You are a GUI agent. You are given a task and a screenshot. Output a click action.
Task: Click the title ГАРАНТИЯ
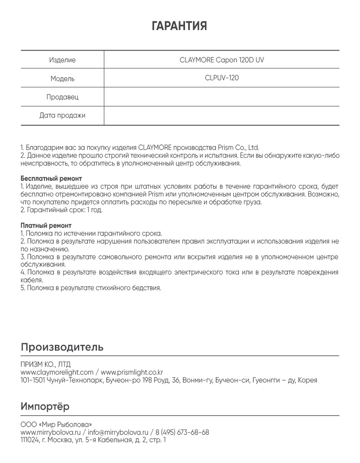point(179,26)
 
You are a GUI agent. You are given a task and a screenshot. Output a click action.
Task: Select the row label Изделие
point(62,60)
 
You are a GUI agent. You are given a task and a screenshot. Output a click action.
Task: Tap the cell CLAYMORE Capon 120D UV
point(222,60)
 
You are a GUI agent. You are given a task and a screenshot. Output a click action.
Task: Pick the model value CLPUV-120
point(222,78)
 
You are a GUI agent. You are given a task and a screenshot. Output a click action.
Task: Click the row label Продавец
point(62,97)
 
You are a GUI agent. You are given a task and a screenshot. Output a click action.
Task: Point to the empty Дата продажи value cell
point(222,115)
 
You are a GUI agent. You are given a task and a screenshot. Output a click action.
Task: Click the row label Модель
point(62,79)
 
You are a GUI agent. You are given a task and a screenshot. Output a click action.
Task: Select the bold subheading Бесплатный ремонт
point(51,179)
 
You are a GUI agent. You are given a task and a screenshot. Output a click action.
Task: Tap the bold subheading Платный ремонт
point(46,226)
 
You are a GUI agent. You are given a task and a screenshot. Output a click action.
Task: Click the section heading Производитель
point(62,347)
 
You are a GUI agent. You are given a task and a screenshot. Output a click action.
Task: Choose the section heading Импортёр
point(45,407)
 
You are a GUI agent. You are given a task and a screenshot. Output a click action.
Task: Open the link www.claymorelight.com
point(57,372)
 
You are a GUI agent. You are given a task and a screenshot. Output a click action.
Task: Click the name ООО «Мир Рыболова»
point(56,424)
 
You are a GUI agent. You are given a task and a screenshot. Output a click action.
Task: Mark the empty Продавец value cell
point(222,97)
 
